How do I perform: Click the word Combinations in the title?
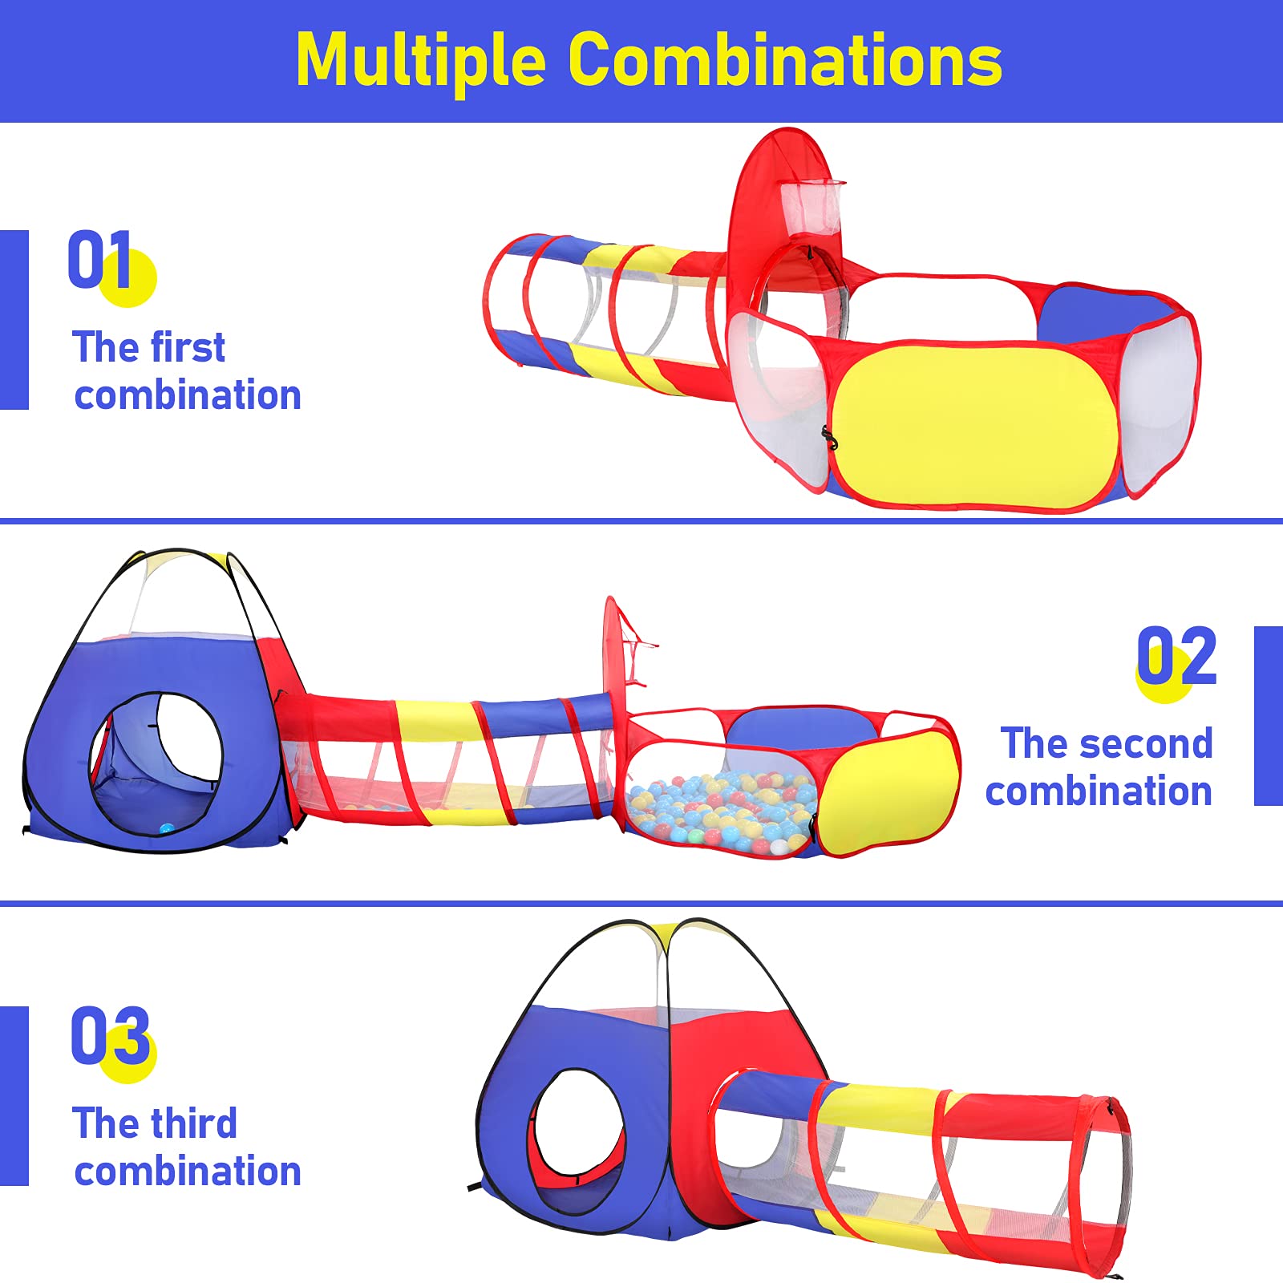[785, 60]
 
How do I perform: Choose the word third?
[193, 1123]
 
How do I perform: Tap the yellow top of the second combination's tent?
[184, 558]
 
